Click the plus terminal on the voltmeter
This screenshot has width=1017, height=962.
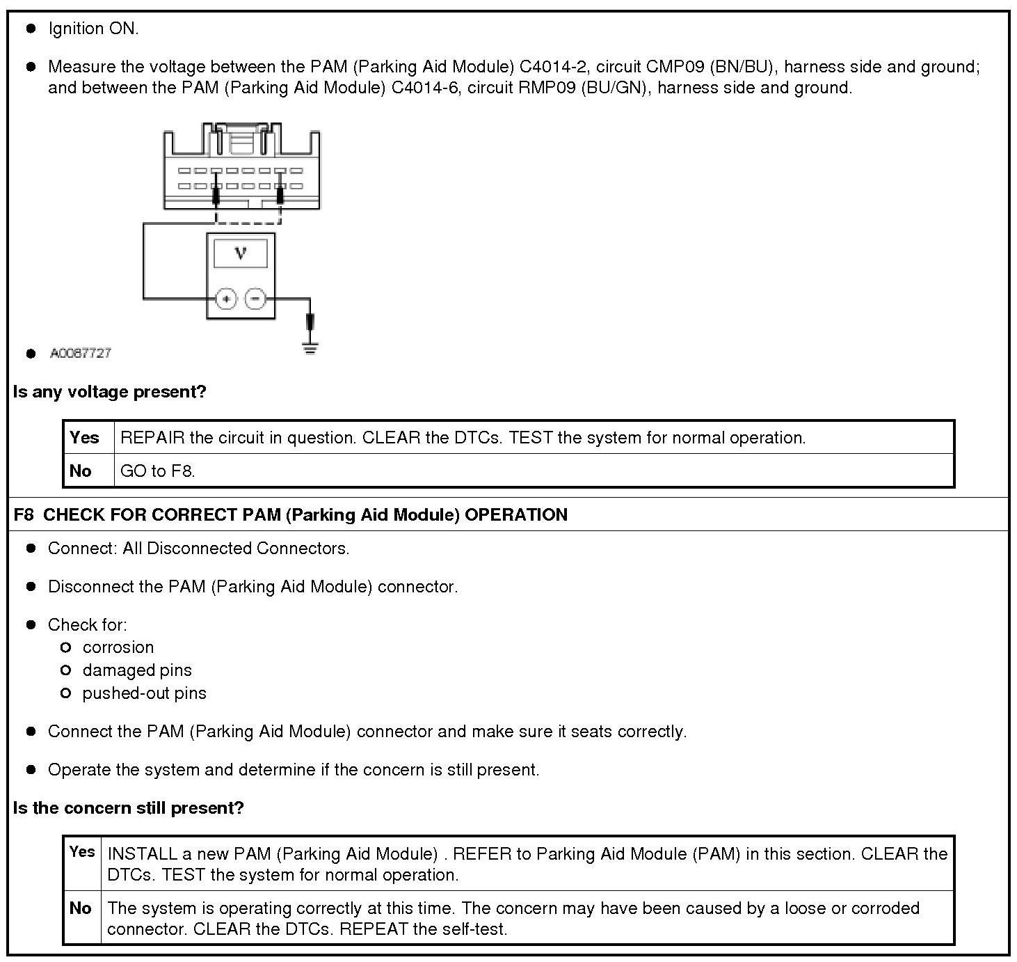click(x=226, y=299)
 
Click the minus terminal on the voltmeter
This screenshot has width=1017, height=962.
click(x=256, y=299)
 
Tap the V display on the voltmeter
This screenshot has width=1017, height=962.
click(x=241, y=253)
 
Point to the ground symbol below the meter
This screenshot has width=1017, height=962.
click(x=310, y=347)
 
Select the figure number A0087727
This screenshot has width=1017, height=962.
click(x=81, y=353)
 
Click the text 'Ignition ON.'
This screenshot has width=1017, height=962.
click(x=93, y=29)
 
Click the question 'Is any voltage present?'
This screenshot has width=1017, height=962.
click(x=110, y=392)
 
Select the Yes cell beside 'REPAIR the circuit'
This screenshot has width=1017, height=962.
click(x=84, y=438)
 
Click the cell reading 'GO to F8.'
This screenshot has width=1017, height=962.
click(x=158, y=471)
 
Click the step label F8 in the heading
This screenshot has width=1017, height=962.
click(x=23, y=515)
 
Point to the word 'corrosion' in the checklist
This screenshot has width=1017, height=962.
click(x=118, y=647)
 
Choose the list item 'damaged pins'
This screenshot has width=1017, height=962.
click(x=137, y=670)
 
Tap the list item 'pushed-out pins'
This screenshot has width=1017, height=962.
click(x=144, y=693)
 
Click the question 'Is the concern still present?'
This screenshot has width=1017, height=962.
click(x=129, y=808)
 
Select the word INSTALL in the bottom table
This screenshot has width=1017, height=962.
click(x=141, y=854)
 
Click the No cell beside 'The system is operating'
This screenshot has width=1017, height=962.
click(x=81, y=908)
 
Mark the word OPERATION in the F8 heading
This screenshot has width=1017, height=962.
click(x=516, y=515)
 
